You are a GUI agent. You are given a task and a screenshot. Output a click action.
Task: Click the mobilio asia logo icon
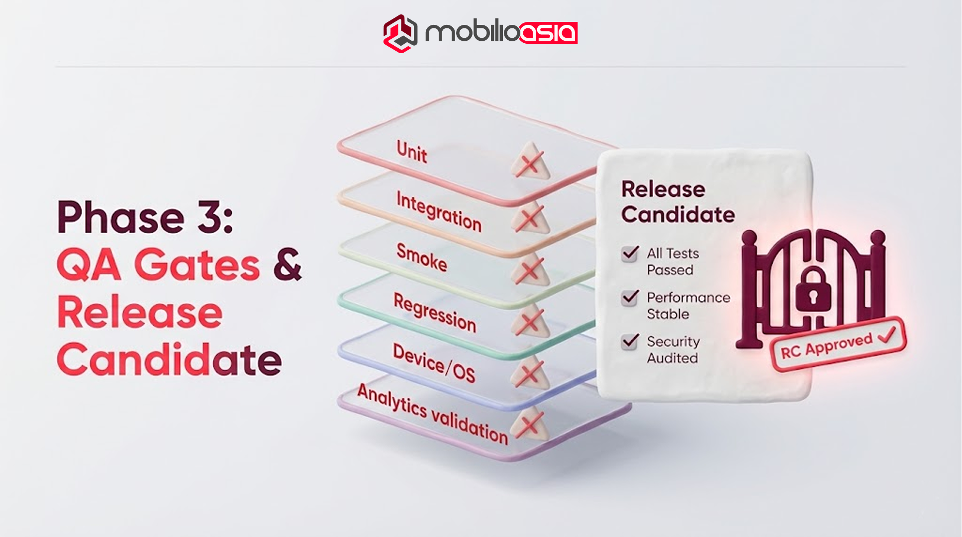click(400, 33)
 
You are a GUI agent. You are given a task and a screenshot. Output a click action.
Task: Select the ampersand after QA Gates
click(288, 264)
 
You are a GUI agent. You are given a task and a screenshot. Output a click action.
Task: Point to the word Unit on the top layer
click(412, 151)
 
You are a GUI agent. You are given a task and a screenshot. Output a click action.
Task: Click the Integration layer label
click(439, 212)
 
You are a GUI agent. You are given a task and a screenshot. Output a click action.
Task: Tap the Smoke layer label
click(422, 258)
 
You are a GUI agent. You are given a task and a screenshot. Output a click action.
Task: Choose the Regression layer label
click(435, 312)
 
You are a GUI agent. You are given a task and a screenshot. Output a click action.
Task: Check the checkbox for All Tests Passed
click(630, 254)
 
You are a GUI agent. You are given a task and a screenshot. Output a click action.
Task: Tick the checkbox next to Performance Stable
click(630, 297)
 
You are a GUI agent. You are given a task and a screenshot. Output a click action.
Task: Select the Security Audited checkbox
click(630, 341)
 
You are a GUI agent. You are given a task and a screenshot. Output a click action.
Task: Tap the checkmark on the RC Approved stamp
click(887, 335)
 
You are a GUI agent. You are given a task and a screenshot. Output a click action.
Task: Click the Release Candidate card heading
click(677, 202)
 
